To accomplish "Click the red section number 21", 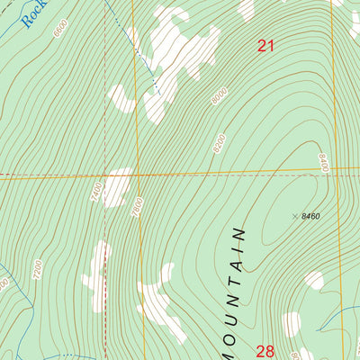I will click(x=265, y=46).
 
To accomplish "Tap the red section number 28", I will click(x=265, y=351).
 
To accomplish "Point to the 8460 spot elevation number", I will click(x=310, y=216).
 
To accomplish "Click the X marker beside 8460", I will click(x=295, y=216).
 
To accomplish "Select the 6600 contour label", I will click(x=60, y=29).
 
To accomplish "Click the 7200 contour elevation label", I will click(x=37, y=268).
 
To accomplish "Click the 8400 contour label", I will click(x=321, y=162).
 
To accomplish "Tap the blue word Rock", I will click(x=34, y=13).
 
